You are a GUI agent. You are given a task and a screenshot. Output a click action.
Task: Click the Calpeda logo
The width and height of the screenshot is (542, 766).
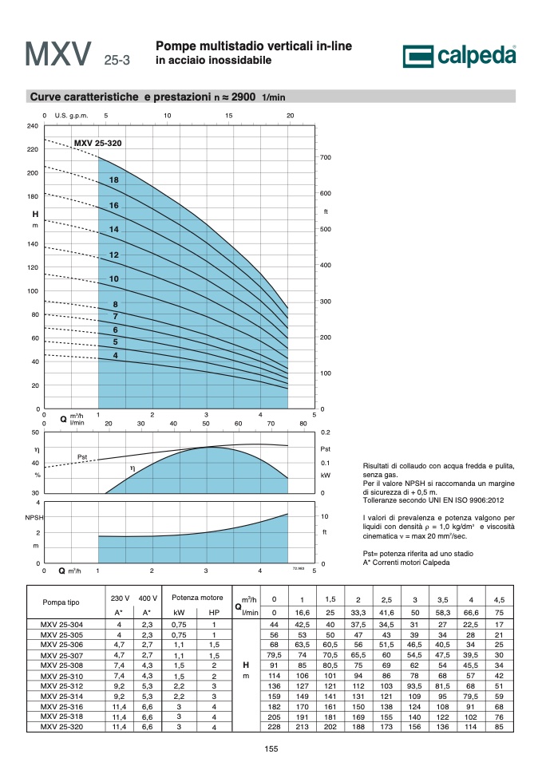click(x=460, y=56)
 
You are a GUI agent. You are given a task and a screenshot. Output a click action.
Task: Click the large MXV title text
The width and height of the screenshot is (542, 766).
click(x=58, y=53)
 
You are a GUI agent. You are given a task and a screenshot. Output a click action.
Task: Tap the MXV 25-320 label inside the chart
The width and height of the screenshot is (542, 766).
click(x=97, y=143)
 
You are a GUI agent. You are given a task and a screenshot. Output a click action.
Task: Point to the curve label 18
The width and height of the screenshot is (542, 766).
click(x=114, y=180)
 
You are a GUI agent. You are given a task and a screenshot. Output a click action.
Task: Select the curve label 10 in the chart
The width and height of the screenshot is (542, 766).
click(x=114, y=279)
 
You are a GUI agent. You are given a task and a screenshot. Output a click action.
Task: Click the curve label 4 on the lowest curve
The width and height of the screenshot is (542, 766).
click(x=115, y=356)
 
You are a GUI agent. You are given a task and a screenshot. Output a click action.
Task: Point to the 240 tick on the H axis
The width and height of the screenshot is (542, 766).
click(x=32, y=126)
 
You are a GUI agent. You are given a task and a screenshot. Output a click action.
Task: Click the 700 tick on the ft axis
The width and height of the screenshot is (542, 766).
click(x=326, y=157)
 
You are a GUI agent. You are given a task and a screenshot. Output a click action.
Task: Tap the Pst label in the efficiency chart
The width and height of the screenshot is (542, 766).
click(x=82, y=457)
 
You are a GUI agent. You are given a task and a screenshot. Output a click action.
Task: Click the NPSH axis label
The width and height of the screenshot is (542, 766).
click(x=34, y=517)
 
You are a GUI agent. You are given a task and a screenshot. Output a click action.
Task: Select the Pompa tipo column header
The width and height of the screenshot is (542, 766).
click(x=61, y=602)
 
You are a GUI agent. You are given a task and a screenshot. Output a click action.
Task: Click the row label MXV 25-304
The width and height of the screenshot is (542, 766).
click(x=61, y=624)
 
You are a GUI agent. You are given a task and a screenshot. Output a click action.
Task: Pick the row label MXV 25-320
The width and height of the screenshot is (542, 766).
click(x=61, y=727)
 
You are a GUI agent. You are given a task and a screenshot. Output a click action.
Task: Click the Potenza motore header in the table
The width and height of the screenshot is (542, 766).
click(x=197, y=598)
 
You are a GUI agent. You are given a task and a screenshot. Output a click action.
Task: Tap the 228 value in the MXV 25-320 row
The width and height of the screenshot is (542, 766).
click(x=274, y=727)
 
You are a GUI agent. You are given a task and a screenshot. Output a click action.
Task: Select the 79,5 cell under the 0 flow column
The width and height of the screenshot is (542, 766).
click(x=274, y=655)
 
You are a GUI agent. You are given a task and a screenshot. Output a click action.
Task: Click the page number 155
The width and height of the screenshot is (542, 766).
click(x=271, y=749)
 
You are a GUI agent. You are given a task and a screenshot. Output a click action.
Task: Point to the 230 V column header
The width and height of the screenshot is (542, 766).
click(x=120, y=598)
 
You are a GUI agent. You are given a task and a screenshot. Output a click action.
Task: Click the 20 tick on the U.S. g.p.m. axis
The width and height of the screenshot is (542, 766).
click(x=291, y=116)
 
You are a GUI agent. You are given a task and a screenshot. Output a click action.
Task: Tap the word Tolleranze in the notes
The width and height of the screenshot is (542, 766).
click(x=380, y=500)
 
